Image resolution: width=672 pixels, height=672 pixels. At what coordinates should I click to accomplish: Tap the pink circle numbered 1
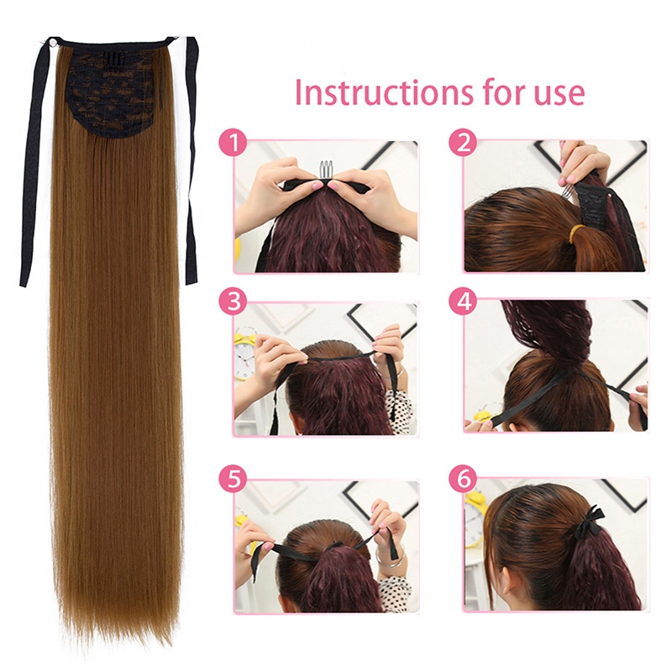coord(230,142)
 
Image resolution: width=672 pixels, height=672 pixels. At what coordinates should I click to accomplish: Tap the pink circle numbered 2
coord(461,142)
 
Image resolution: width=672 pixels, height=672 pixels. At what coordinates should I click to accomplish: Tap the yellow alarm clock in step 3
coord(244,353)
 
